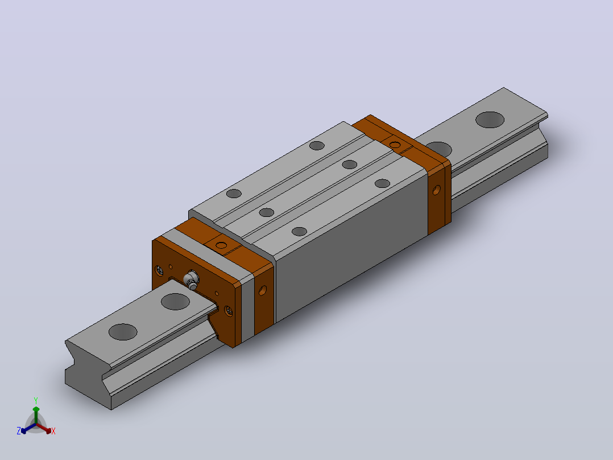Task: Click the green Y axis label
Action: click(36, 401)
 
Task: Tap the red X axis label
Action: click(53, 431)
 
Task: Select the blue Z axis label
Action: click(19, 431)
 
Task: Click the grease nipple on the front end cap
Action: click(191, 280)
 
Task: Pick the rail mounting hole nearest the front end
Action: click(123, 332)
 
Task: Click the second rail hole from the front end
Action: click(175, 301)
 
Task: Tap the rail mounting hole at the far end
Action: click(490, 120)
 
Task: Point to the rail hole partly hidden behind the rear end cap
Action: click(439, 149)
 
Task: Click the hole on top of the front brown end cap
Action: click(221, 245)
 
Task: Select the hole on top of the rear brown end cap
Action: click(395, 145)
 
